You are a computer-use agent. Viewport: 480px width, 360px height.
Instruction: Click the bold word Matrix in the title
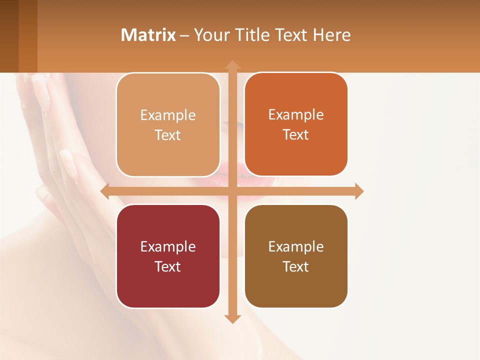click(148, 35)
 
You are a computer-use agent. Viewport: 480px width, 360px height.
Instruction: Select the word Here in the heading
click(331, 35)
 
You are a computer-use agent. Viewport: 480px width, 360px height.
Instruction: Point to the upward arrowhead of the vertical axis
click(232, 64)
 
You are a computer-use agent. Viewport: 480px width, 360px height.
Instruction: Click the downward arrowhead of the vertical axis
click(232, 318)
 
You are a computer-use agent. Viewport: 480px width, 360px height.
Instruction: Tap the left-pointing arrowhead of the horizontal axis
click(105, 191)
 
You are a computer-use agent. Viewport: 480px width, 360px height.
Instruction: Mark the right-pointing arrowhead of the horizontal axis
click(359, 191)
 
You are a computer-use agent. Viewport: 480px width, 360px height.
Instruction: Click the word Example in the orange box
click(296, 114)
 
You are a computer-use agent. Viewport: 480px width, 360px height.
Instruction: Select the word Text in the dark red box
click(168, 266)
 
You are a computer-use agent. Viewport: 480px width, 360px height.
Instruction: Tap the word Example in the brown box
click(296, 246)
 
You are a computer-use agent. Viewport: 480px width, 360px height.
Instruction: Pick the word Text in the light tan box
click(168, 135)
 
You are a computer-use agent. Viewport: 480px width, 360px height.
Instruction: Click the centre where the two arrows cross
click(232, 191)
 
